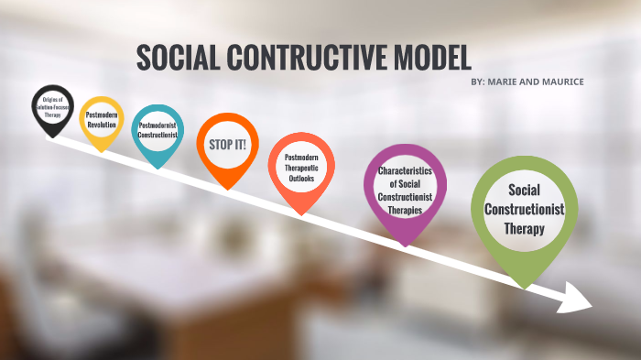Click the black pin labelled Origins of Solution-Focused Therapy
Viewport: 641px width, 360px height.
click(x=52, y=107)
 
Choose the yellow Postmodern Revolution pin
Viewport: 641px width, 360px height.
click(x=101, y=120)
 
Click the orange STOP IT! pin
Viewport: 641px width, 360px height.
click(x=228, y=145)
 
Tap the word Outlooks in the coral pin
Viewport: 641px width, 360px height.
click(x=299, y=178)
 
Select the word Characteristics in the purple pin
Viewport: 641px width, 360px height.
click(x=405, y=170)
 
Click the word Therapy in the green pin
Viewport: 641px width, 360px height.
click(x=524, y=229)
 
